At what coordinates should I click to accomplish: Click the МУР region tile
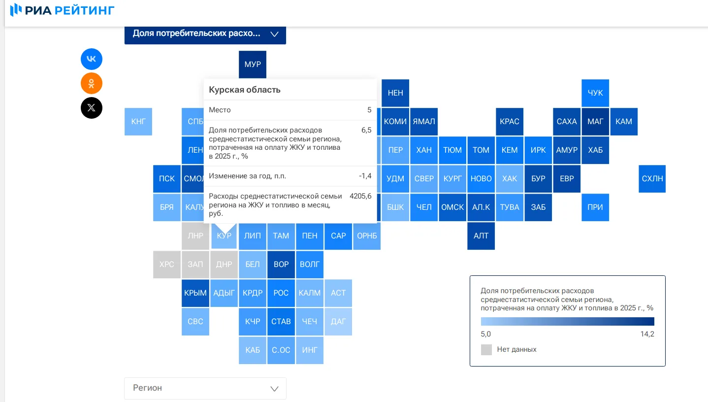point(252,64)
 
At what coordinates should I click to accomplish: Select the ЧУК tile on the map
point(595,93)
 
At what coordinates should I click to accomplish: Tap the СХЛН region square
point(652,179)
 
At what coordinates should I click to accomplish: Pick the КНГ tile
point(138,122)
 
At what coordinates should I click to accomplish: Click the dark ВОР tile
point(281,265)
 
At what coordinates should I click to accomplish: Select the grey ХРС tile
point(166,265)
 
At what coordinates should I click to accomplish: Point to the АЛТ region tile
point(481,236)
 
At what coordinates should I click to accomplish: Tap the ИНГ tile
point(309,350)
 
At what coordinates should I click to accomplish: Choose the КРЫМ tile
point(195,293)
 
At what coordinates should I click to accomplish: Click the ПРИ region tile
point(595,207)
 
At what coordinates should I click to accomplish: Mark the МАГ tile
point(595,122)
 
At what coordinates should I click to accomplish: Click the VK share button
point(92,59)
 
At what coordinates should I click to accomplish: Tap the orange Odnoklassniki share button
point(92,83)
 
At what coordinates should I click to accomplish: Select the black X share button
point(92,108)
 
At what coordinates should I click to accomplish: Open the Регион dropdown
point(205,388)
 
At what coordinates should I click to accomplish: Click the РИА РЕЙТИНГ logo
point(62,10)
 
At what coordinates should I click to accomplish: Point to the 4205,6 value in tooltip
point(360,196)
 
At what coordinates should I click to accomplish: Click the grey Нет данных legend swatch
point(486,349)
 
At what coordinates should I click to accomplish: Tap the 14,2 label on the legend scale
point(647,334)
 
